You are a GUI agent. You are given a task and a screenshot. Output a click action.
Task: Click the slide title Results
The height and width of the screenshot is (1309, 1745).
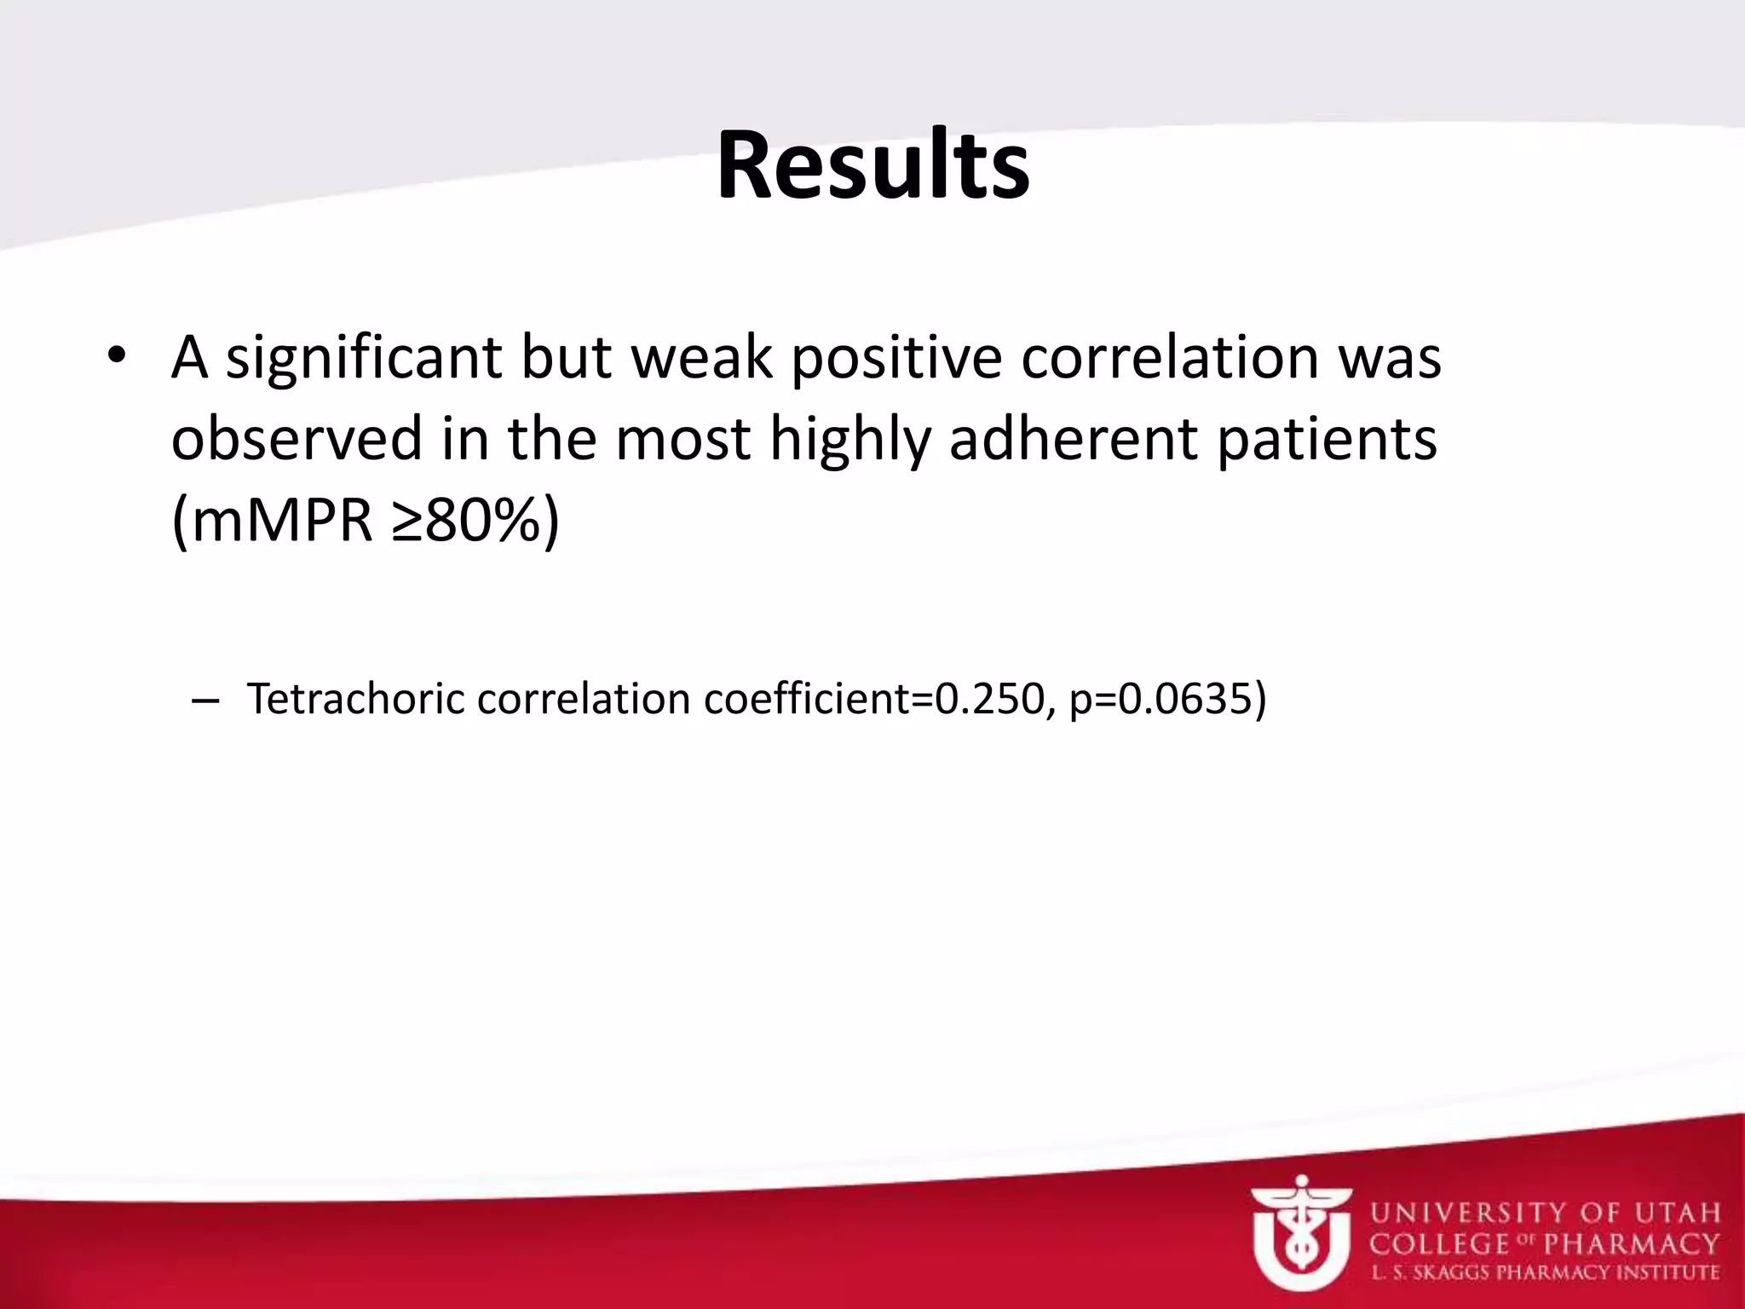[872, 166]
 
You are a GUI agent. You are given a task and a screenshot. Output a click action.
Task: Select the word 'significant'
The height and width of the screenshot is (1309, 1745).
[363, 358]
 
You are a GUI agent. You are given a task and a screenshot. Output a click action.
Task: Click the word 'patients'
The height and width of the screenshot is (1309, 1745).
[1327, 440]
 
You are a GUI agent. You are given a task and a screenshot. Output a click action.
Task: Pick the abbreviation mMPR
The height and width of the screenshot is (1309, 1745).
[282, 520]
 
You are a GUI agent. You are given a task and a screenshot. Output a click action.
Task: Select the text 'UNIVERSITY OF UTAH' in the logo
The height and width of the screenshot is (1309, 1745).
[1545, 1213]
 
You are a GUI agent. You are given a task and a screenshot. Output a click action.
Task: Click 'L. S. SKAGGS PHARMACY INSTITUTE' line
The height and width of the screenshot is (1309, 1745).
[1545, 1273]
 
